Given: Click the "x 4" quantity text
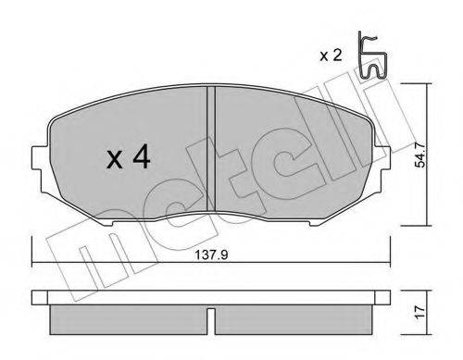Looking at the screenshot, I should tap(128, 158).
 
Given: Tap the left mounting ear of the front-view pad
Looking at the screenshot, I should tap(38, 157).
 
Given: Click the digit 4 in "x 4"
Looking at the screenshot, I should tap(141, 158).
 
